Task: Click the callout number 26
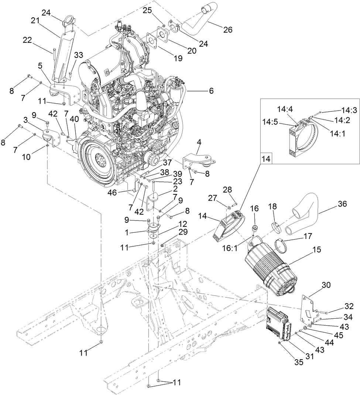(x=228, y=30)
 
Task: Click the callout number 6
(x=211, y=91)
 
